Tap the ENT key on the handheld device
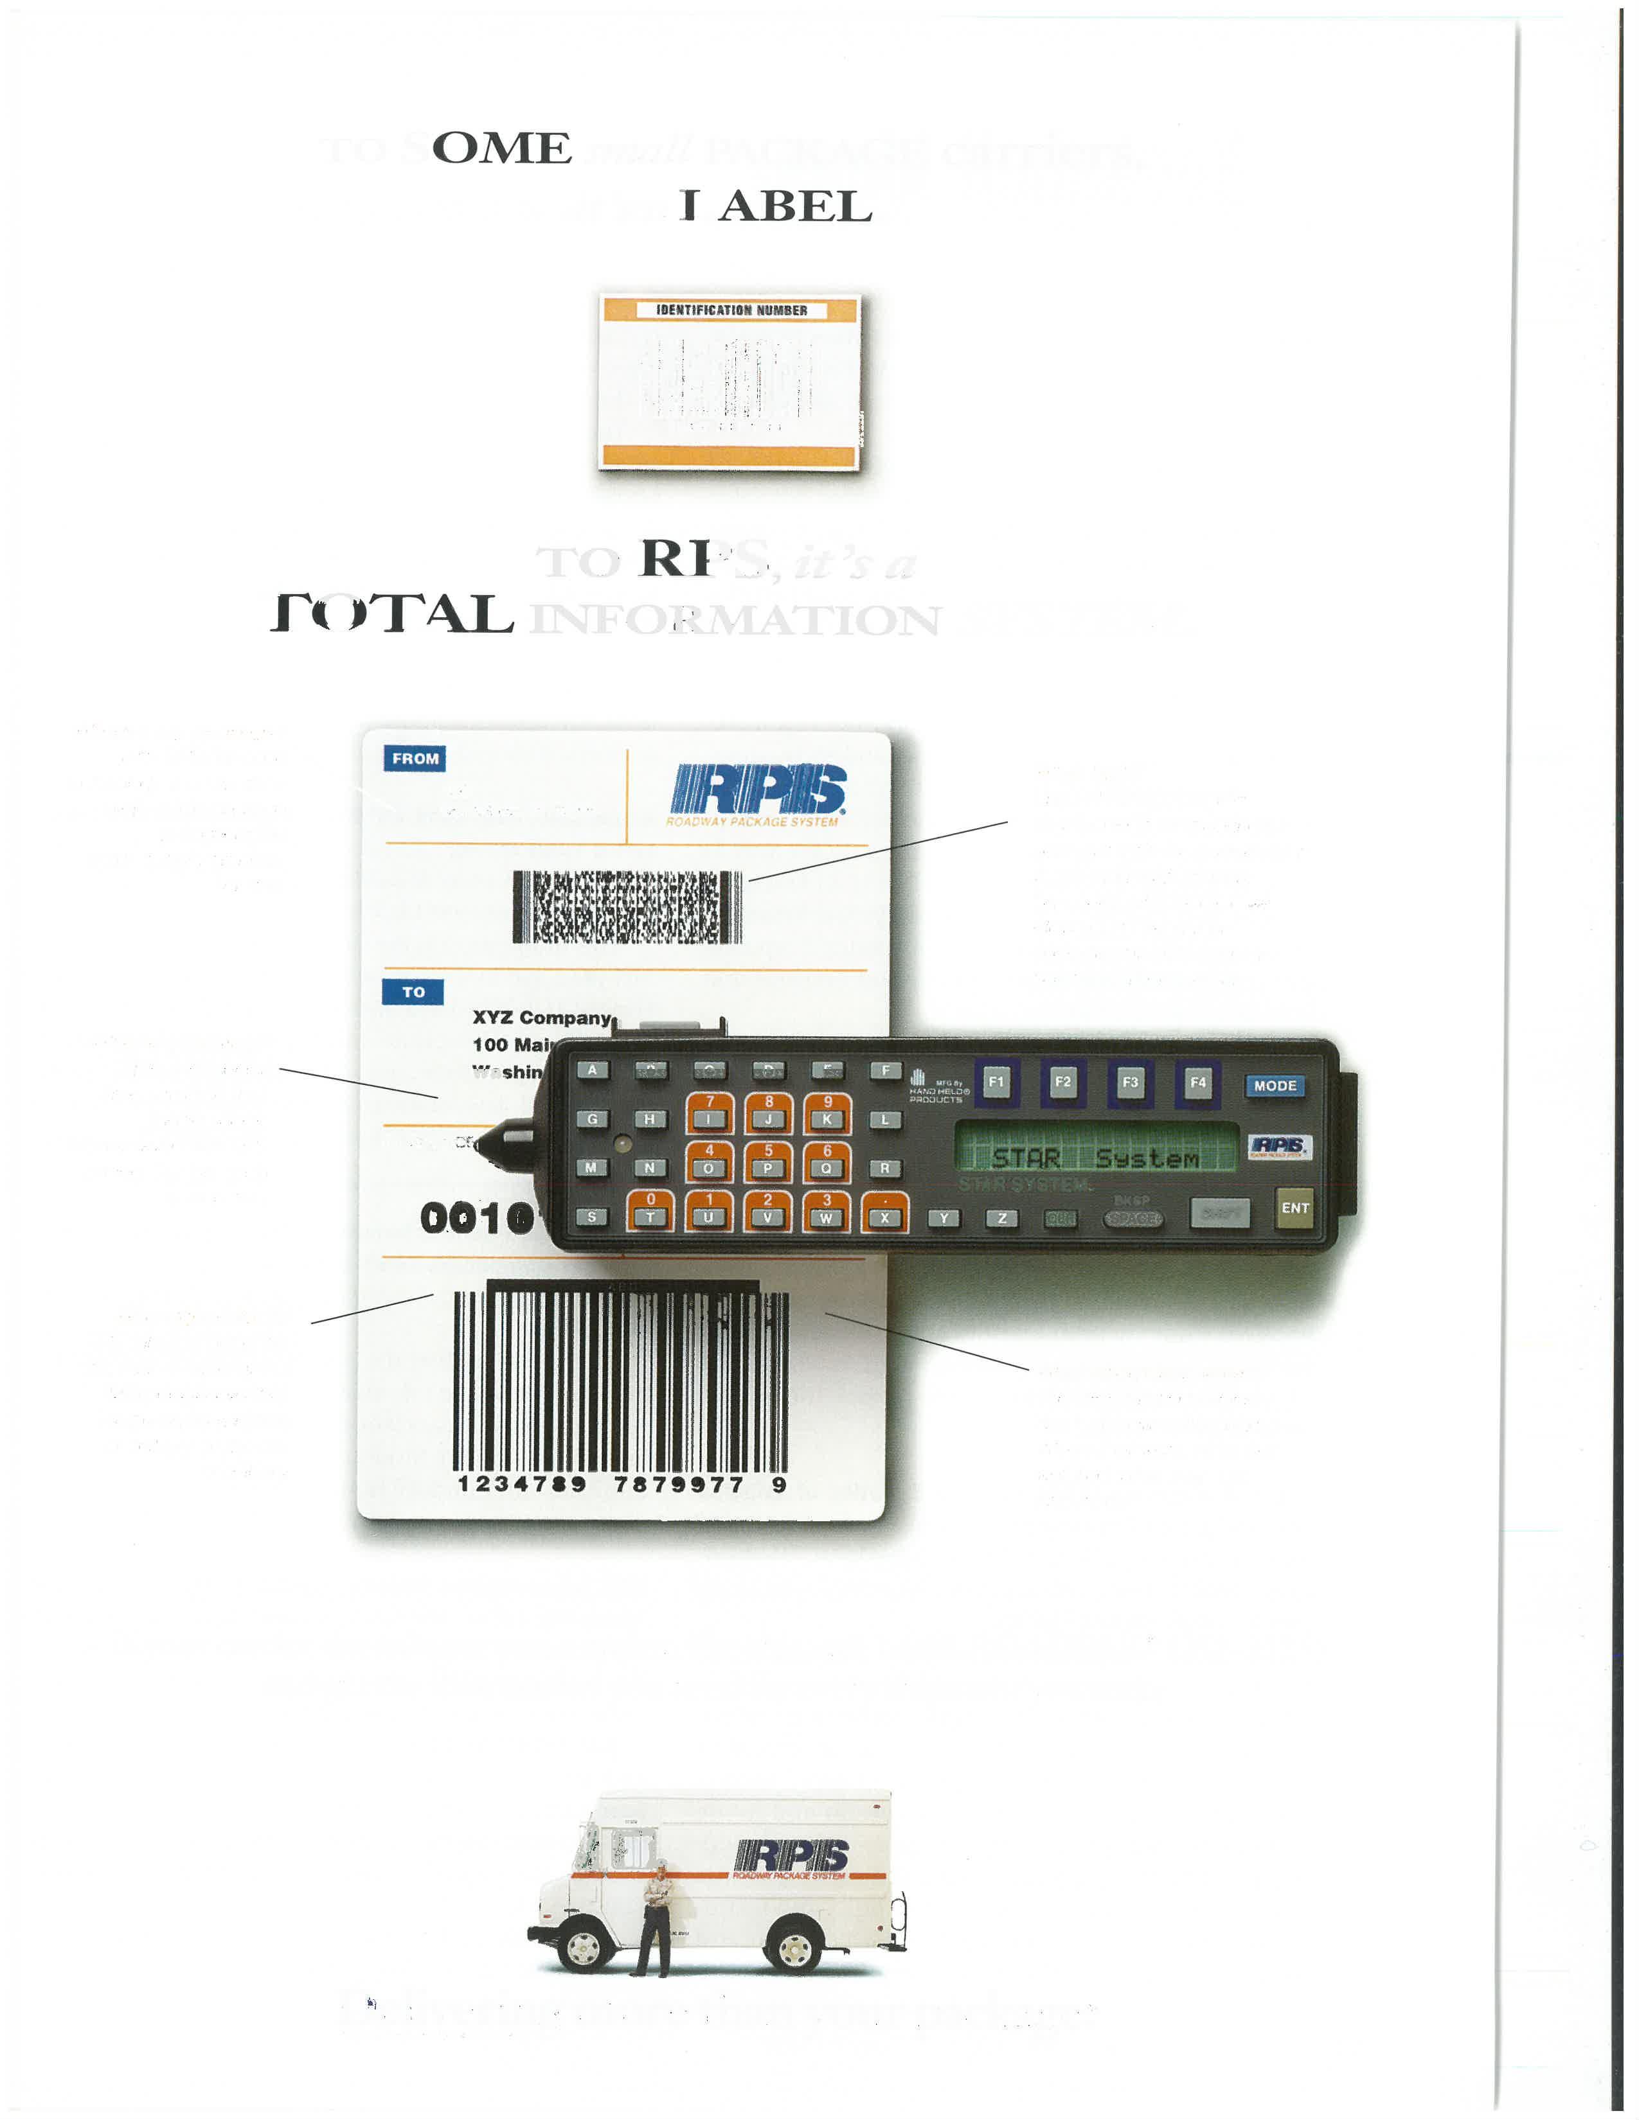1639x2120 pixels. (x=1294, y=1208)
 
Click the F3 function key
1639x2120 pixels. (x=1130, y=1082)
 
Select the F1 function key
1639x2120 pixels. (x=996, y=1082)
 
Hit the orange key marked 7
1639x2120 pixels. (x=710, y=1113)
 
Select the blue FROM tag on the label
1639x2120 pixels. (x=415, y=758)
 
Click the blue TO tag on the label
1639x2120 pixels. (x=414, y=992)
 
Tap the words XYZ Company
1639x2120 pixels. (x=541, y=1018)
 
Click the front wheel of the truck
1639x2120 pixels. (x=586, y=1945)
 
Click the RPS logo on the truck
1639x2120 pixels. (x=791, y=1857)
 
